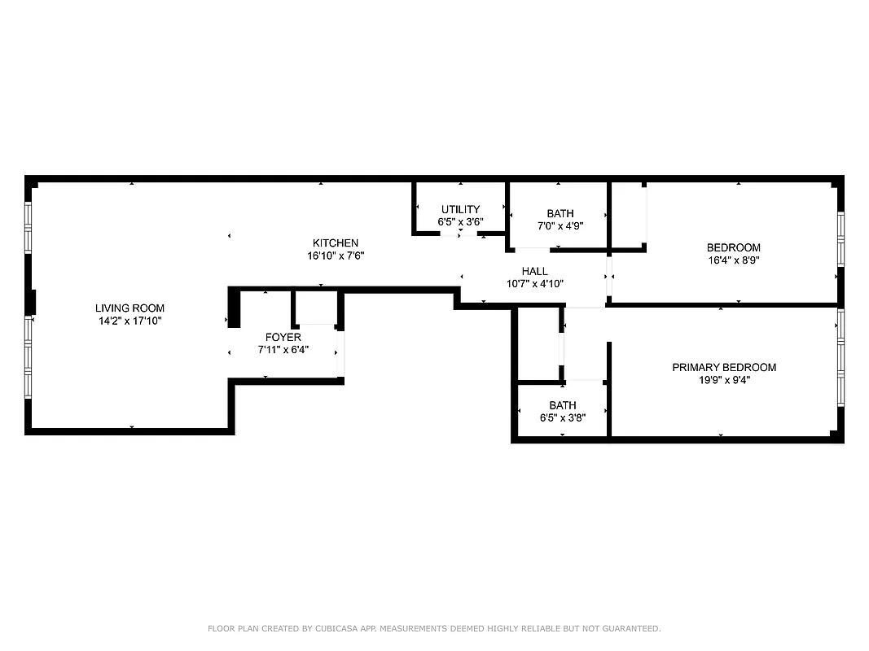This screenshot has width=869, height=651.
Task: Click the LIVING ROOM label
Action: coord(130,308)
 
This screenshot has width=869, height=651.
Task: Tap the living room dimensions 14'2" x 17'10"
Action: coord(130,321)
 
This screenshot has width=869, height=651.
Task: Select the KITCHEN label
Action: coord(336,243)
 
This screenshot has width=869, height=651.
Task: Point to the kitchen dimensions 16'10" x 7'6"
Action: coord(336,256)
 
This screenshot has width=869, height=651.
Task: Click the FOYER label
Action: coord(283,338)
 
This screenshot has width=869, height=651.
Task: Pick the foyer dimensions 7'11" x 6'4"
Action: coord(283,351)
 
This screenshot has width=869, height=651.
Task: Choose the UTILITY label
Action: coord(461,210)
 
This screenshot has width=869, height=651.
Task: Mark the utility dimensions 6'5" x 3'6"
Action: coord(461,222)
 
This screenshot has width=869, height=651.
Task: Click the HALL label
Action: coord(535,272)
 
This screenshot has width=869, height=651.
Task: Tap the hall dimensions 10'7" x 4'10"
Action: coord(535,284)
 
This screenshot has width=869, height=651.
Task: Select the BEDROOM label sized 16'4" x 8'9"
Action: coord(734,248)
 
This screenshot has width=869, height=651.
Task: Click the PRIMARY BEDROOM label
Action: coord(724,368)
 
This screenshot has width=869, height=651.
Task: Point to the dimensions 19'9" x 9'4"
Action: coord(724,380)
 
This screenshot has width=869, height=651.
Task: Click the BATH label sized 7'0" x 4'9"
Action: coord(560,214)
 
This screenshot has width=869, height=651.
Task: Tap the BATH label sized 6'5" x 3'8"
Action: coord(563,405)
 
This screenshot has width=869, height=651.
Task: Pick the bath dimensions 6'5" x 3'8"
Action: coord(563,417)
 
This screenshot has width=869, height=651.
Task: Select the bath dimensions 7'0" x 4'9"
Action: coord(560,226)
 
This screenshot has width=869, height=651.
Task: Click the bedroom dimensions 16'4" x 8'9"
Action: coord(734,260)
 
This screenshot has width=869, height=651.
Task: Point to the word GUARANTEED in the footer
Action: coord(628,629)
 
